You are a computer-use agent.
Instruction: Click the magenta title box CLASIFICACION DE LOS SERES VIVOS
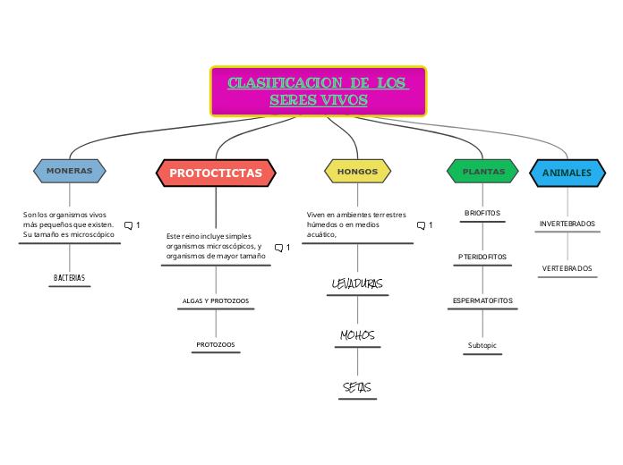318,91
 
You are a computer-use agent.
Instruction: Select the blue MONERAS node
70,170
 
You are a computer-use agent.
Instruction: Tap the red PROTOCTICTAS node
216,173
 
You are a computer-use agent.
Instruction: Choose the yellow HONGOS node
357,171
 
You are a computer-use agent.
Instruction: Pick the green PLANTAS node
483,171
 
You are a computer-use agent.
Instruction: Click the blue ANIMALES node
568,173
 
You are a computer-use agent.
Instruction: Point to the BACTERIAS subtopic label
70,278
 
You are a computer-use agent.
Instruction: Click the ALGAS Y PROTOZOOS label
216,301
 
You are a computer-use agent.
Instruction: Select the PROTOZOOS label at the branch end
216,344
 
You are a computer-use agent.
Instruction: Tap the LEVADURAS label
357,284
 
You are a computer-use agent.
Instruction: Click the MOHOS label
357,335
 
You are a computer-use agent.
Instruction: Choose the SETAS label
357,387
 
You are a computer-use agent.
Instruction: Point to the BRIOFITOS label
482,213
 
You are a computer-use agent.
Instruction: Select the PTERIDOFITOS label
482,257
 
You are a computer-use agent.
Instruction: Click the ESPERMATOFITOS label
482,300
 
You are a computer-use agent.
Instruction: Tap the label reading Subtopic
482,345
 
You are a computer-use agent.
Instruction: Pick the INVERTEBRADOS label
568,224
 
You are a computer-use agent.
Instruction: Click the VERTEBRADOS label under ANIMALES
568,268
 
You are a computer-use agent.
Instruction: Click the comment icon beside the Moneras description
129,225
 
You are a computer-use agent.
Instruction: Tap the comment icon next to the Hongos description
421,225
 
